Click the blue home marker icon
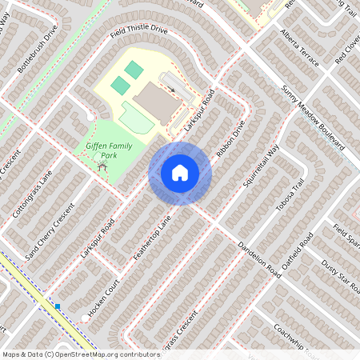180,172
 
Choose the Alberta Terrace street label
299,50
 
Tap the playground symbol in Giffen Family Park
101,164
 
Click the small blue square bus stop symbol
58,306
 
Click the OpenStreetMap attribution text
80,354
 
